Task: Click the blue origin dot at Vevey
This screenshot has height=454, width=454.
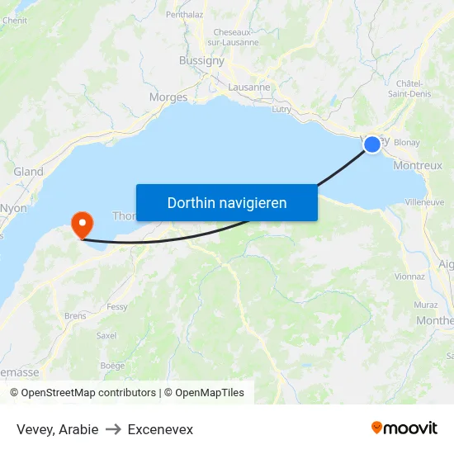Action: pos(372,144)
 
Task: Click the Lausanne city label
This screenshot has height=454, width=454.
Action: pos(248,87)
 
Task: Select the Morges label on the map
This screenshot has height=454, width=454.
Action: pos(168,97)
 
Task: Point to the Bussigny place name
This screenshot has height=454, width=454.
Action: pos(201,60)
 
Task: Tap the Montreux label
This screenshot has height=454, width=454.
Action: pos(418,165)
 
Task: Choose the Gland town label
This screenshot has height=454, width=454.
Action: pos(28,172)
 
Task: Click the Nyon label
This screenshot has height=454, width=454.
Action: pos(14,208)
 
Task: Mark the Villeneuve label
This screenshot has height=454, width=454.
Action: pos(424,201)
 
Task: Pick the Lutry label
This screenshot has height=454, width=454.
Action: pos(281,109)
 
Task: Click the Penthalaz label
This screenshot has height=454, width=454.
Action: pos(184,14)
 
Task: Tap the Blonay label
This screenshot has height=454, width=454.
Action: pos(407,143)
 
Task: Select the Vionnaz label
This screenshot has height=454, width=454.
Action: pos(410,277)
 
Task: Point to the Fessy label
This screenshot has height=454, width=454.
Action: pos(117,306)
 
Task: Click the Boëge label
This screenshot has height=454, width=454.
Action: pos(112,365)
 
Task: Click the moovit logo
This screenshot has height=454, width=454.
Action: pos(404,428)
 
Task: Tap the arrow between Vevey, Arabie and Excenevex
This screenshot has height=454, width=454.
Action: pos(113,429)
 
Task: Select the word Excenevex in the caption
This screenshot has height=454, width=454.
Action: pos(160,429)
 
